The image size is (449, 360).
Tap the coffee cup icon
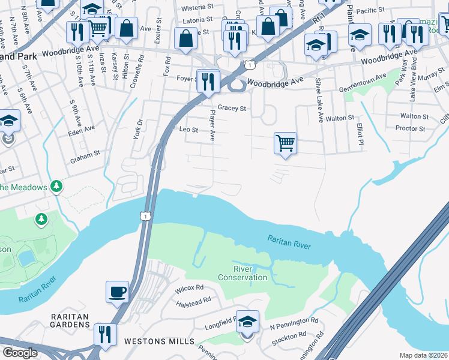(x=117, y=292)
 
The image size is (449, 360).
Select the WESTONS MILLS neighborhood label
(x=159, y=341)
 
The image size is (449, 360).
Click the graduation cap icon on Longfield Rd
(x=247, y=322)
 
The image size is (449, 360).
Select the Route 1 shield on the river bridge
(x=145, y=215)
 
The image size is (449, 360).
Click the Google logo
(x=20, y=353)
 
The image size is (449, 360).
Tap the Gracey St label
(x=232, y=109)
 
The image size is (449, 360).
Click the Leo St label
(x=189, y=129)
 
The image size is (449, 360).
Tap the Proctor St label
(x=410, y=128)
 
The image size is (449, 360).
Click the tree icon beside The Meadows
(x=56, y=187)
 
